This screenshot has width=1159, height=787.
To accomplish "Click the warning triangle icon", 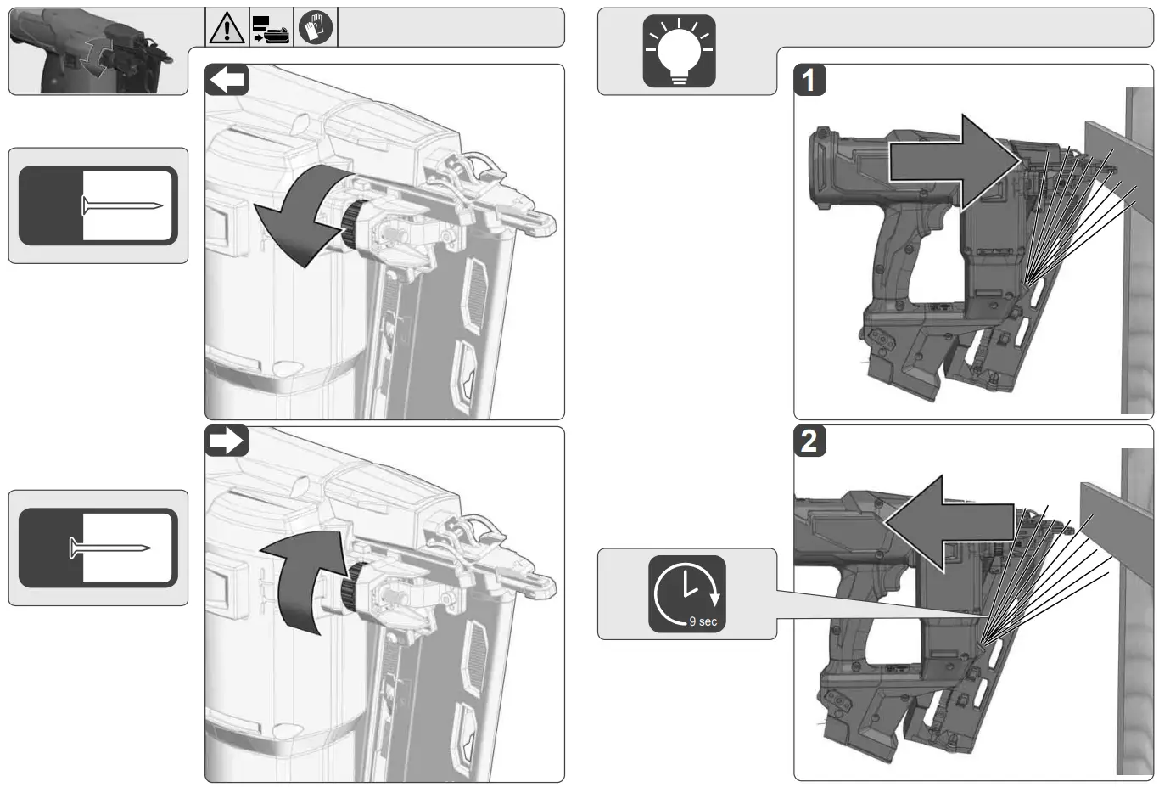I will (x=227, y=29).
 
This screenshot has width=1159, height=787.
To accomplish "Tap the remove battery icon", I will (x=271, y=29).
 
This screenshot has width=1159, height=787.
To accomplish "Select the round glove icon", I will (x=316, y=29).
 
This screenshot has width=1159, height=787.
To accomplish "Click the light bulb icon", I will (x=679, y=51).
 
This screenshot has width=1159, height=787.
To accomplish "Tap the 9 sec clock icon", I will (x=687, y=593).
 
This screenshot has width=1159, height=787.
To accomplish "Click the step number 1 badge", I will (x=809, y=81).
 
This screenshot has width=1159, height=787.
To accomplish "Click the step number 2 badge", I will (x=809, y=441).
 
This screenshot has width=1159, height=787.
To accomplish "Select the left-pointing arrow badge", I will (x=227, y=81).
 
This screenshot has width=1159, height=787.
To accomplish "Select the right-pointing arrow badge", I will (x=227, y=441).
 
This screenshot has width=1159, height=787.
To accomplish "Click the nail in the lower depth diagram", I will (x=109, y=548).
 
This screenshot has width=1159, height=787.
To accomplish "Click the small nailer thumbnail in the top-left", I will (x=98, y=53).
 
